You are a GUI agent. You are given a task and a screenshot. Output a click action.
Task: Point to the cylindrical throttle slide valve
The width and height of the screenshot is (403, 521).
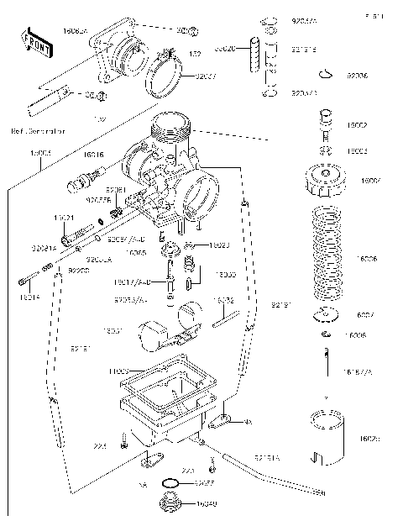329,437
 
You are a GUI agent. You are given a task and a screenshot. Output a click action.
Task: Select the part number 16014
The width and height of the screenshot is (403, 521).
28,297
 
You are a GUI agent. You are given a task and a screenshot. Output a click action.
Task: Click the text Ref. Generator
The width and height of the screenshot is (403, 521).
37,131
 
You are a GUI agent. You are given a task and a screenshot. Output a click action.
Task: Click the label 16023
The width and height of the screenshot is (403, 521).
219,245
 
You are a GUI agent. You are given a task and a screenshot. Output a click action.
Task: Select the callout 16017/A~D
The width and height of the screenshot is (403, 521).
133,282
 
